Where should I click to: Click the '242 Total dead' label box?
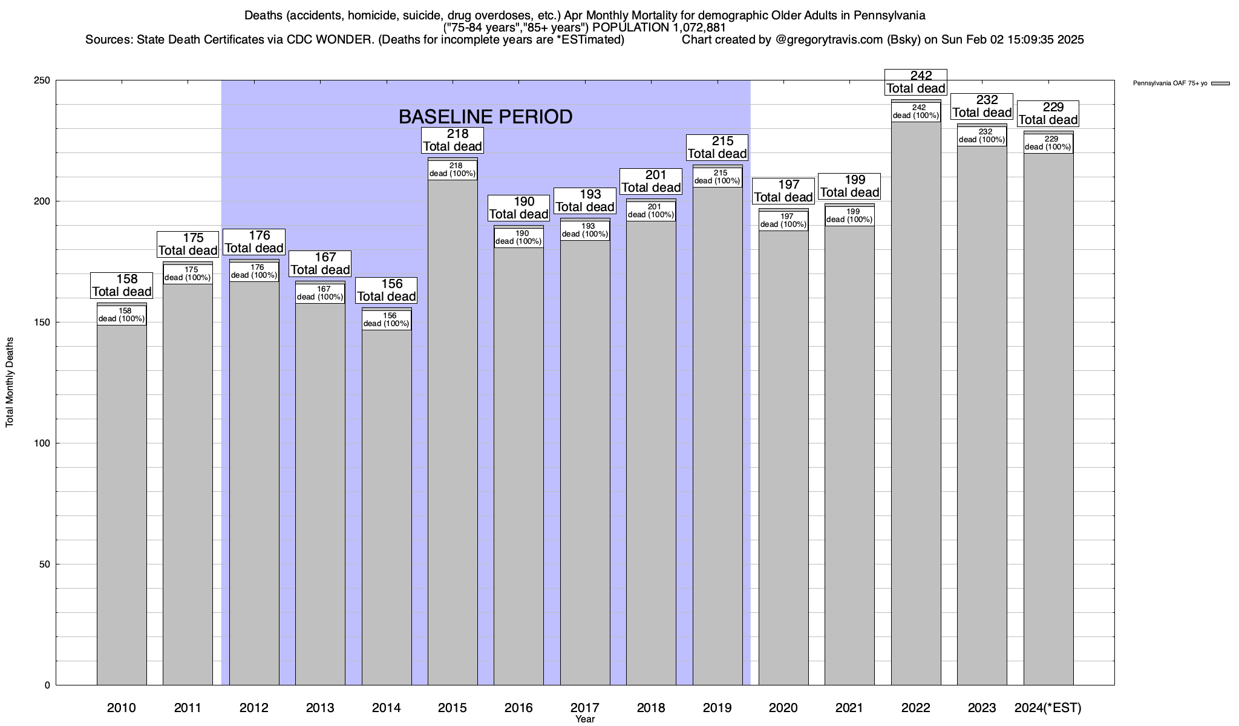pos(916,82)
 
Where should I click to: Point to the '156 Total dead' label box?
pos(387,290)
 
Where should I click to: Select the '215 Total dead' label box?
pos(718,148)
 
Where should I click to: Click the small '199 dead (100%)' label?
pos(849,216)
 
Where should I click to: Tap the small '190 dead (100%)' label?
pos(518,238)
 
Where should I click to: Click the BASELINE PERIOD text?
pos(485,117)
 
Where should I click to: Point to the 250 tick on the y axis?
pos(44,80)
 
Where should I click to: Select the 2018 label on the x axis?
pos(651,708)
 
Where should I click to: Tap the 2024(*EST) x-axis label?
pos(1048,708)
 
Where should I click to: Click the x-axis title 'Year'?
pos(585,719)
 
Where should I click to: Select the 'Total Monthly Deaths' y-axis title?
pos(10,382)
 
